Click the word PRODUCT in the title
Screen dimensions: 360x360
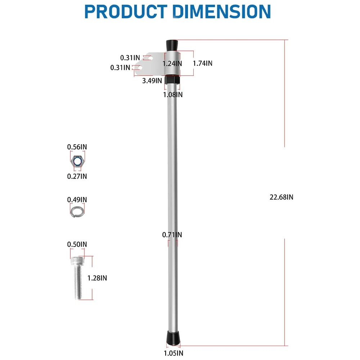pos(126,12)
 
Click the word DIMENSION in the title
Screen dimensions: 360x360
pos(222,12)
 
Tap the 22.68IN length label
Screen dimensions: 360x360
pos(281,197)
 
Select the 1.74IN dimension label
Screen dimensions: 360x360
pos(202,63)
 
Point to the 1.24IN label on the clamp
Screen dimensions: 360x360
pos(172,64)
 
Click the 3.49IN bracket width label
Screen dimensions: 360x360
pos(152,81)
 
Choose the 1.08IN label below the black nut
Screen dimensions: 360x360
pos(173,95)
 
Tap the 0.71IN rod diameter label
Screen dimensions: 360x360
pos(172,235)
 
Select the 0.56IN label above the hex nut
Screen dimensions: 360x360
pos(77,147)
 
